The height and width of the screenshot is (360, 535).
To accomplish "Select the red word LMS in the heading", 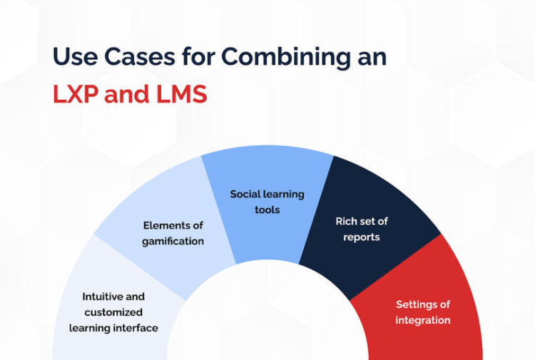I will click(176, 94).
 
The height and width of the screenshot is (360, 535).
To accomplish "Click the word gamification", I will click(173, 241).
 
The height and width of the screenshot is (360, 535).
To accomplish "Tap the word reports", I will click(362, 236).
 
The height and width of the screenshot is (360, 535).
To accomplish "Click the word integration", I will click(423, 320).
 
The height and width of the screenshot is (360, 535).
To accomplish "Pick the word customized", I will click(113, 312).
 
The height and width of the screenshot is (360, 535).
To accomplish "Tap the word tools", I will click(267, 210).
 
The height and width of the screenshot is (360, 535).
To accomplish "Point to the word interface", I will click(140, 328).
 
